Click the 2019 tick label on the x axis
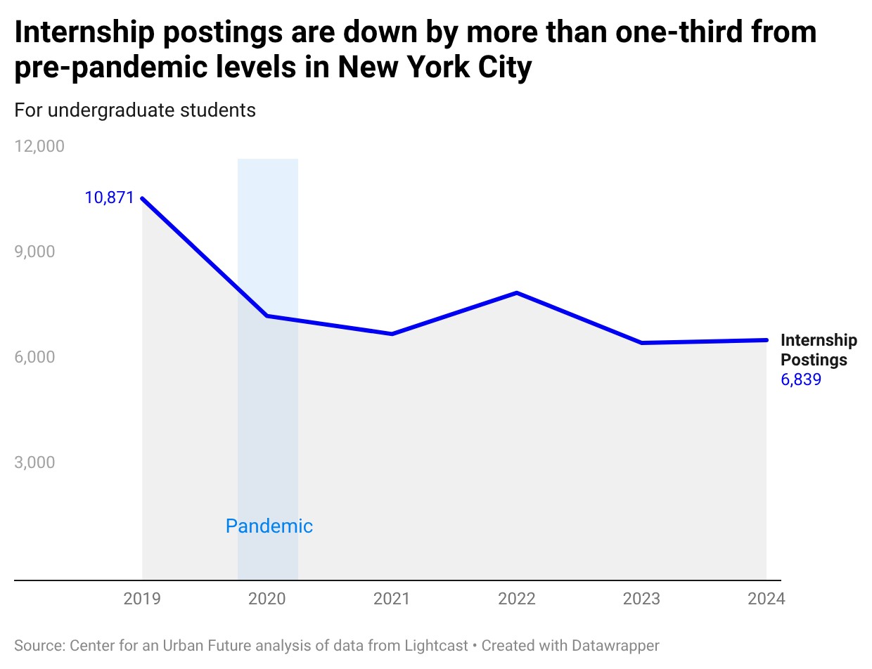point(142,599)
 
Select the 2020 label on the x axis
point(267,599)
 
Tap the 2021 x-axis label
point(392,599)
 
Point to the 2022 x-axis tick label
point(517,599)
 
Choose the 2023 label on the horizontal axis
point(641,599)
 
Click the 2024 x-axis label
point(766,599)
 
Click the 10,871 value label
point(109,197)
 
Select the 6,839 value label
point(801,380)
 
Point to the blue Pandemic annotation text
point(269,526)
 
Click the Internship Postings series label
point(819,350)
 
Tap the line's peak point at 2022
point(517,292)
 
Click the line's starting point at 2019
point(142,198)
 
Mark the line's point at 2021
point(392,334)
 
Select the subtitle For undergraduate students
point(135,110)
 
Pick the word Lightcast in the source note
point(435,645)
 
